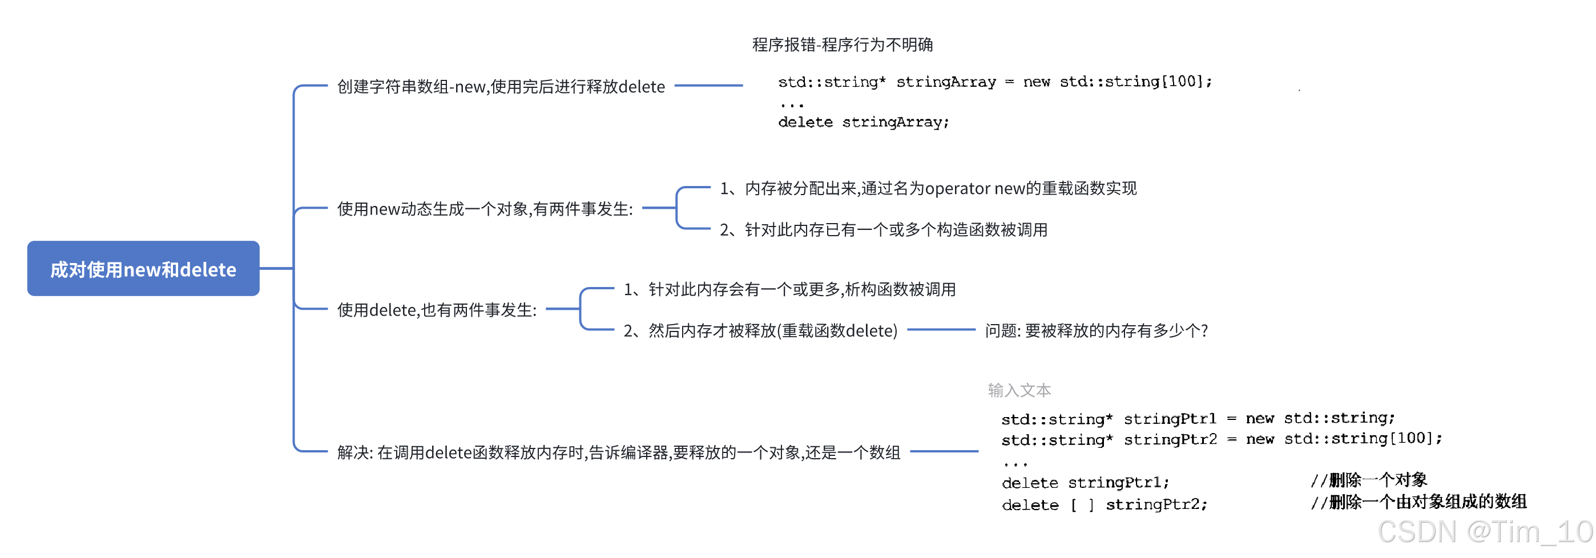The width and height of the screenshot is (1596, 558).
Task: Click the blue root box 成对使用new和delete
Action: coord(143,269)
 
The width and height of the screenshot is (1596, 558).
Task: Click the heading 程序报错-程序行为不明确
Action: coord(842,45)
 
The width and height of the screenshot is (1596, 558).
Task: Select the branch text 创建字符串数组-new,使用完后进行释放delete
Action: coord(500,87)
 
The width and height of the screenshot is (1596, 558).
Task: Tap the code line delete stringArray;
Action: coord(863,122)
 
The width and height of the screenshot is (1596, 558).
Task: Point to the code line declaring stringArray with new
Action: coord(994,82)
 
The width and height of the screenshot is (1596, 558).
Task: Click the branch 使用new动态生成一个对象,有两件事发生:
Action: coord(485,209)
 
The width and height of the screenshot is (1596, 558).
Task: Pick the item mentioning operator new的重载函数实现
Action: coord(928,188)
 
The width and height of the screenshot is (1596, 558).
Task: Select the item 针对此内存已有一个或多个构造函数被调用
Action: coord(883,230)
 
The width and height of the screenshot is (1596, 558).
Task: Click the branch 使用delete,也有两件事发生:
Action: coord(436,310)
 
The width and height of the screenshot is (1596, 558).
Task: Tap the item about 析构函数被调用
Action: coord(789,289)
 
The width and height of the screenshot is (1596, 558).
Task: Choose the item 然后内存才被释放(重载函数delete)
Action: coord(760,331)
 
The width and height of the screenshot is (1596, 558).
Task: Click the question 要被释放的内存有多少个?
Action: coord(1096,331)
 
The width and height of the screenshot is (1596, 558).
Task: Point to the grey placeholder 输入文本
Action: coord(1018,390)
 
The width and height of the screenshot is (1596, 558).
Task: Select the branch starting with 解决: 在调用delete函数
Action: coord(618,452)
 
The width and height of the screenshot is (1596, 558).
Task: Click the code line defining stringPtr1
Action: coord(1197,419)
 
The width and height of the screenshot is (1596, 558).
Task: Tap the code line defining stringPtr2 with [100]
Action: coord(1220,439)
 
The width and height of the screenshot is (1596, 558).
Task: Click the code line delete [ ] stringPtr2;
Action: coord(1104,505)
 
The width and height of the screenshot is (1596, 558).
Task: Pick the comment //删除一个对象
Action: coord(1368,480)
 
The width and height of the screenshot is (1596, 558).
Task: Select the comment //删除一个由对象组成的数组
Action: coord(1417,502)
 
